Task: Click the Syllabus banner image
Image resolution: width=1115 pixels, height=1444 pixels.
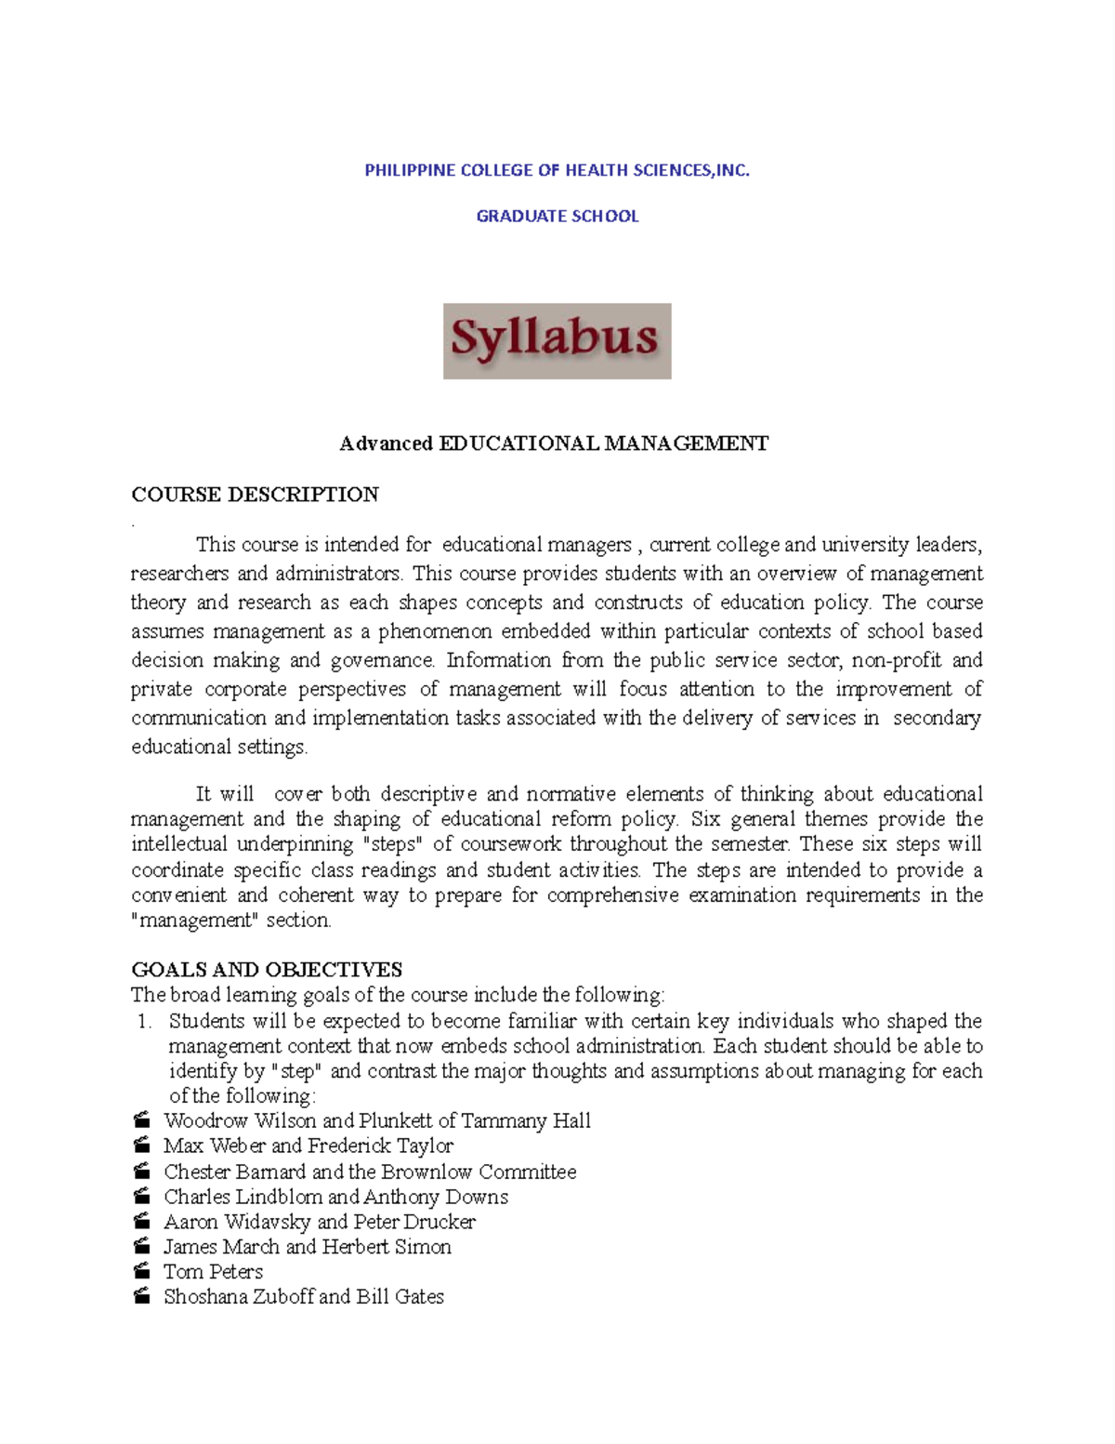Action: pos(557,340)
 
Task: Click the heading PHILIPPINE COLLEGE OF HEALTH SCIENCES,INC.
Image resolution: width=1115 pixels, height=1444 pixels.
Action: pos(557,170)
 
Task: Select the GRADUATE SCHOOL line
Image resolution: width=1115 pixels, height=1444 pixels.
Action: pos(557,216)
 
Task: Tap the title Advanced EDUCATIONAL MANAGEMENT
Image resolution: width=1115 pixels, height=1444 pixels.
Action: pos(554,444)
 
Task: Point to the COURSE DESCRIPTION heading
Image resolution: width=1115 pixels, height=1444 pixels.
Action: pos(255,495)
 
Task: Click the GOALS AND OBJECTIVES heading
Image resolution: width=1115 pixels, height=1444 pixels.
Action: pos(267,970)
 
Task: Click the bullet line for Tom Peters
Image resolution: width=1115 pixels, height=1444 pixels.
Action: pos(213,1271)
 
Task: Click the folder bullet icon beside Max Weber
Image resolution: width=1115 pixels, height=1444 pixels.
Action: pos(141,1146)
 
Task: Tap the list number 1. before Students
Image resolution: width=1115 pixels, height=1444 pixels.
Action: pos(144,1021)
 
